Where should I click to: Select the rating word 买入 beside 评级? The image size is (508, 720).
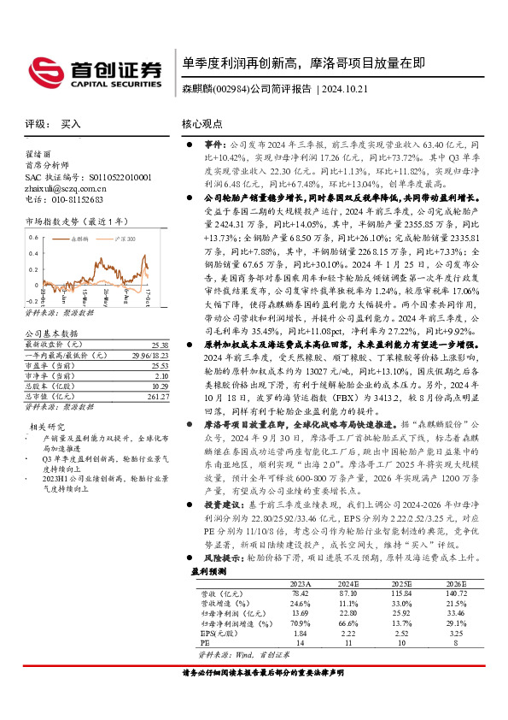(71, 123)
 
